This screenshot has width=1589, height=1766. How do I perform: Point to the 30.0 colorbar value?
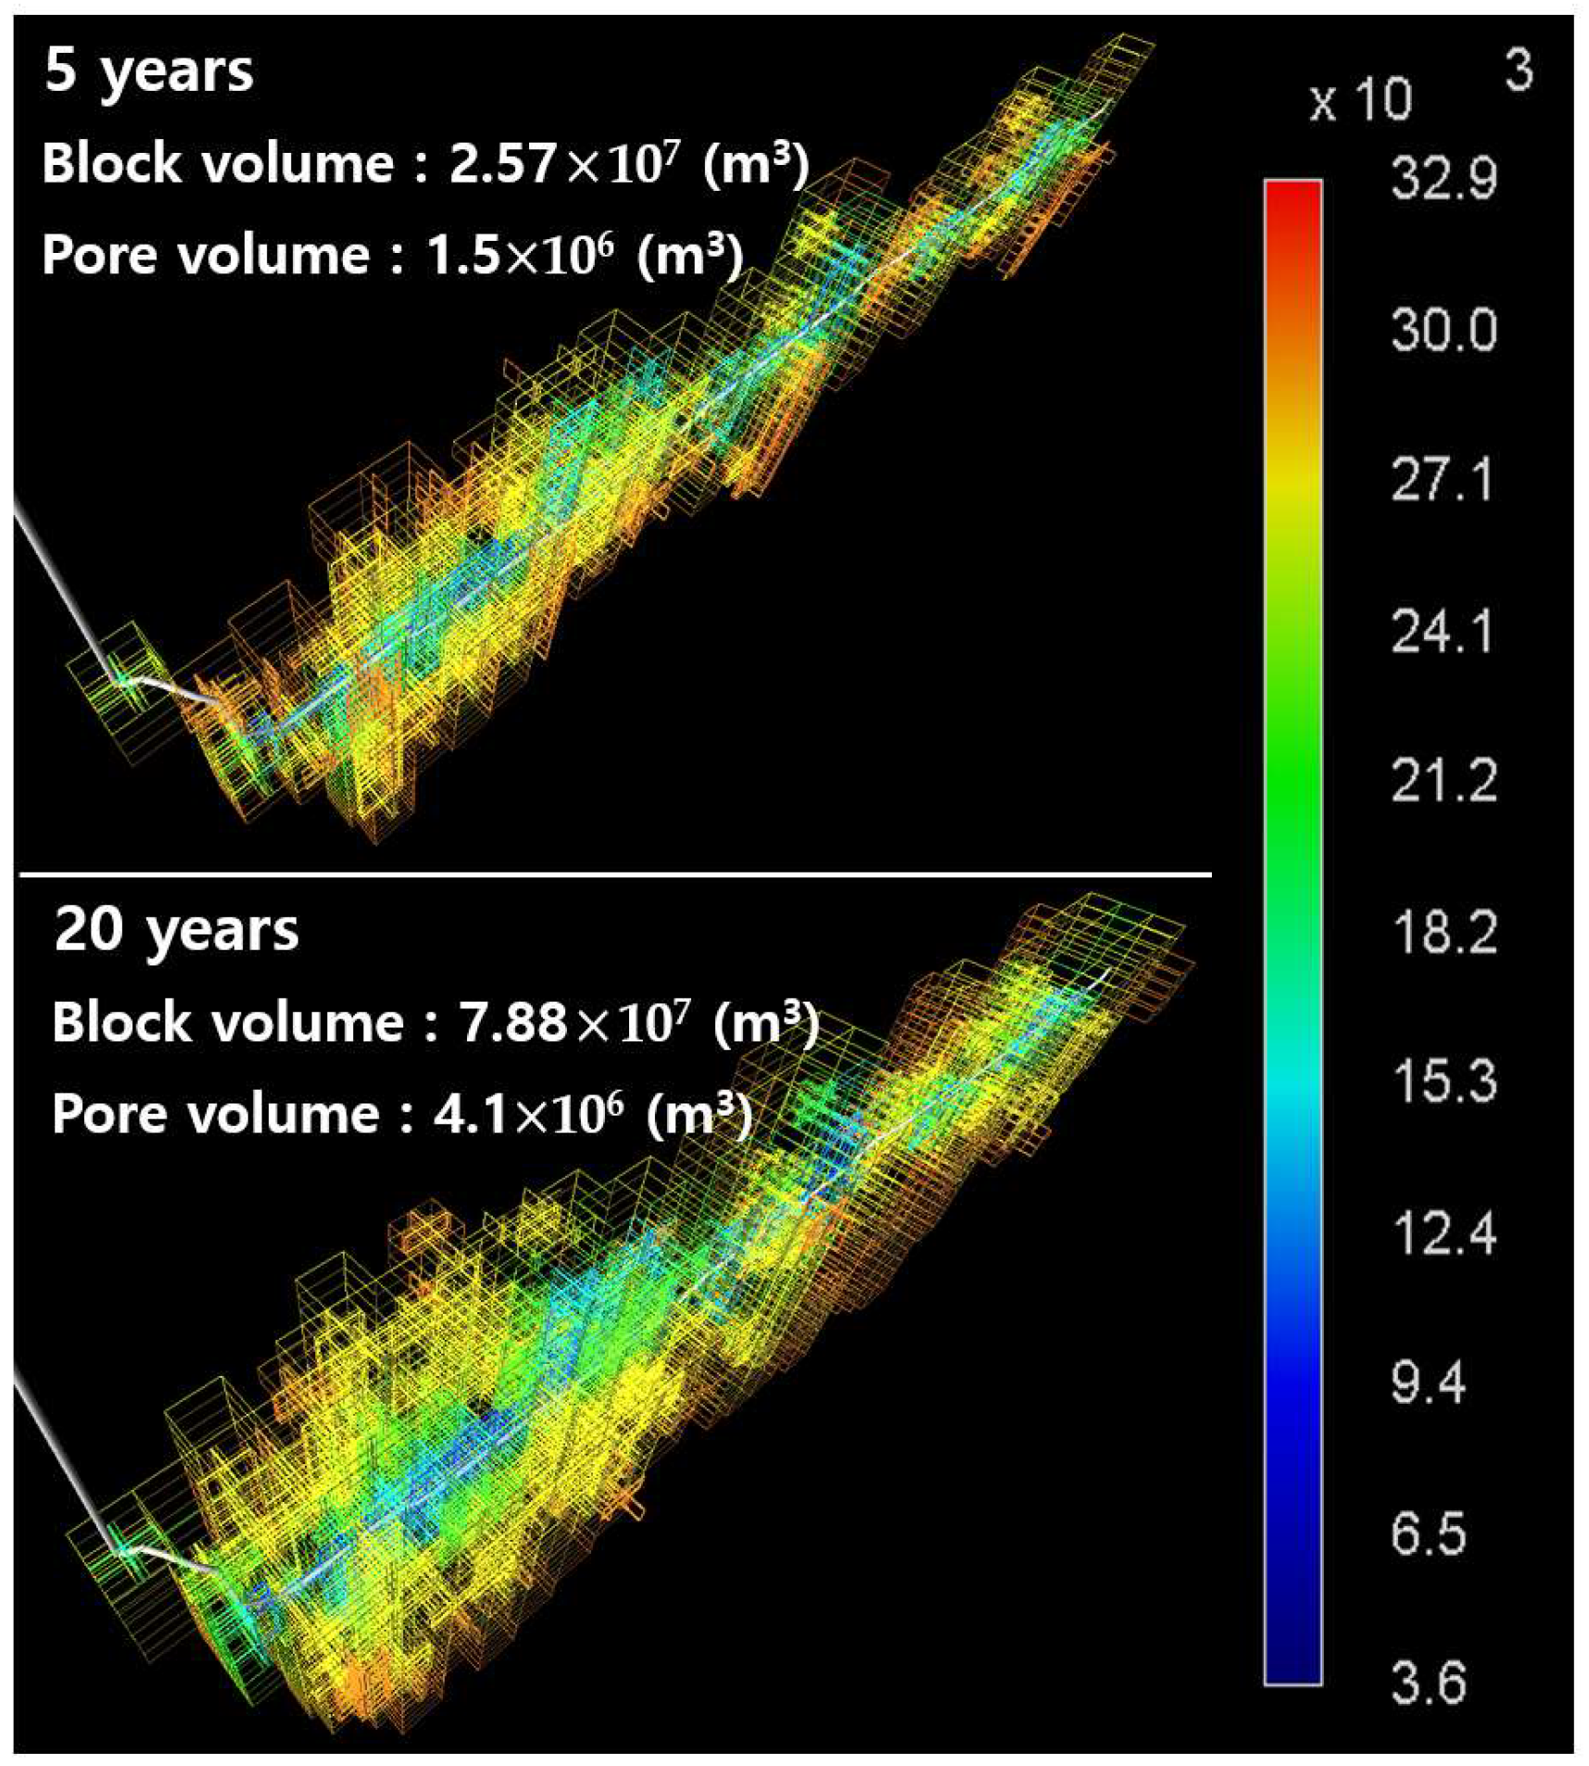click(1443, 329)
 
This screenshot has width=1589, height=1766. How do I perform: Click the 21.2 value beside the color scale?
click(1443, 781)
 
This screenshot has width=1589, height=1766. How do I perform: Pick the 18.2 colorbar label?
click(1443, 931)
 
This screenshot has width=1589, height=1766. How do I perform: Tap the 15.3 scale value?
click(1443, 1081)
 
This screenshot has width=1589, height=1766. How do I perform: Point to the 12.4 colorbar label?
click(1443, 1233)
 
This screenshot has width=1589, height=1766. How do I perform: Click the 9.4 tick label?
click(1427, 1383)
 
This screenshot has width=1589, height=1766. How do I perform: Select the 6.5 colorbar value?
click(1427, 1533)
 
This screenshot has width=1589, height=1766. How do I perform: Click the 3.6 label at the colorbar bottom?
click(1427, 1683)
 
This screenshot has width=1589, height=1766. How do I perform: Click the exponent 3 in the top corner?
click(1518, 70)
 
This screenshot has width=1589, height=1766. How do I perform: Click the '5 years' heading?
click(148, 71)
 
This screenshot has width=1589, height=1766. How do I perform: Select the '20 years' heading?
click(176, 929)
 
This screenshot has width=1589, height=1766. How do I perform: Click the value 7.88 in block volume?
click(511, 1022)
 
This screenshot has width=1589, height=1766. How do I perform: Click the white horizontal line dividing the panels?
click(615, 874)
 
